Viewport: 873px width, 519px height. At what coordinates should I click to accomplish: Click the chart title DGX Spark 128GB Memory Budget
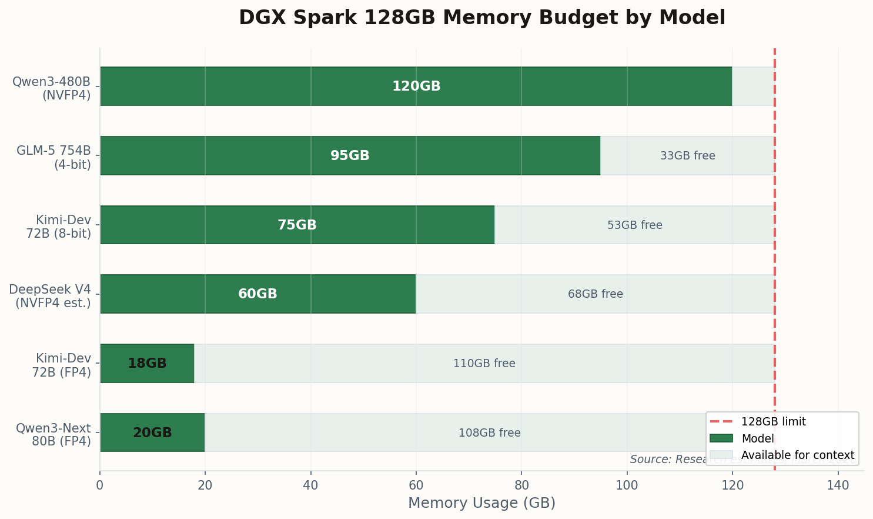click(482, 18)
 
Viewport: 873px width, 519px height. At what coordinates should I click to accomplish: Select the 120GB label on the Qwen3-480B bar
click(416, 86)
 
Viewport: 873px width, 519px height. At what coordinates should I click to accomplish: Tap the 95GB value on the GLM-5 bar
click(350, 156)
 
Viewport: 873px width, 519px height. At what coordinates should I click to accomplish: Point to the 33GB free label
click(687, 156)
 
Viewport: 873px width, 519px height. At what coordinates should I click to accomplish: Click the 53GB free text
click(634, 225)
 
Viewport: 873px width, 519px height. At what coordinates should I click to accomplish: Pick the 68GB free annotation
click(595, 294)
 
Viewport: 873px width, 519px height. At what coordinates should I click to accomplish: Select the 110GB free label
click(484, 364)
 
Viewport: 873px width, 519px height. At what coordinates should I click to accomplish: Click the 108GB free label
click(489, 433)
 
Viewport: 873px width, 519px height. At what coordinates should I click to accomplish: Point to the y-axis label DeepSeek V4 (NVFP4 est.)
click(51, 296)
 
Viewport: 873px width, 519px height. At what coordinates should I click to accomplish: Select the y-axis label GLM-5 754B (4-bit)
click(54, 157)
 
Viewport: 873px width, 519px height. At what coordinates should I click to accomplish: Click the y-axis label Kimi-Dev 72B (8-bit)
click(59, 227)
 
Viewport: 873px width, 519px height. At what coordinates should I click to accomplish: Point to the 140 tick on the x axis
click(838, 485)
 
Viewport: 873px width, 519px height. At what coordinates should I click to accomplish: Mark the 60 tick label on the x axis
click(416, 485)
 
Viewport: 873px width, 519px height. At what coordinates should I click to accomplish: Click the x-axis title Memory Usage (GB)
click(481, 503)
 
